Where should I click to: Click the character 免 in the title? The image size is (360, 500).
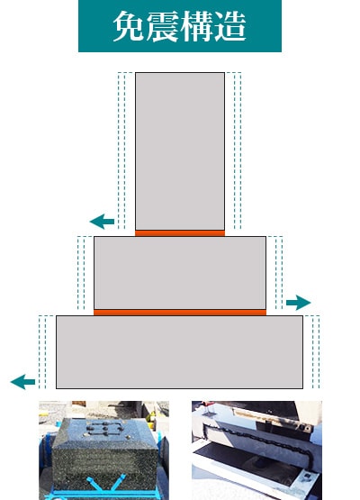(x=130, y=26)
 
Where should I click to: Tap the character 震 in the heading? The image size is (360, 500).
(x=163, y=26)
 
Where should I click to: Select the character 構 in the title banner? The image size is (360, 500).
(x=196, y=26)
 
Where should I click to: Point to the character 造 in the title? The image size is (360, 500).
(x=230, y=26)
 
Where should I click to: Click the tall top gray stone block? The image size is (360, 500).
(x=180, y=151)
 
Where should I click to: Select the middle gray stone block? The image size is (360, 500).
(x=180, y=273)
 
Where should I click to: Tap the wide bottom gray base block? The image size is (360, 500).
(x=180, y=352)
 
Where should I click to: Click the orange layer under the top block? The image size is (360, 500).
(x=180, y=233)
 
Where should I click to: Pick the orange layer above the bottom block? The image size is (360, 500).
(x=180, y=313)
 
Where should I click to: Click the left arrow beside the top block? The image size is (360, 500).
(x=102, y=222)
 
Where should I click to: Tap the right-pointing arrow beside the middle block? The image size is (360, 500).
(x=299, y=303)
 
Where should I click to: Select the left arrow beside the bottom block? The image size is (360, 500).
(x=22, y=382)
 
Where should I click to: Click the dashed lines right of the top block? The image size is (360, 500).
(x=238, y=150)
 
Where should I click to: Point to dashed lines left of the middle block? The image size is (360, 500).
(x=81, y=273)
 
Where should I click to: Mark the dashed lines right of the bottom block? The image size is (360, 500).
(x=316, y=352)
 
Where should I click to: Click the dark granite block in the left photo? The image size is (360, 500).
(x=105, y=450)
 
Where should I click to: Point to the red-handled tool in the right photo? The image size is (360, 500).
(x=208, y=405)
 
